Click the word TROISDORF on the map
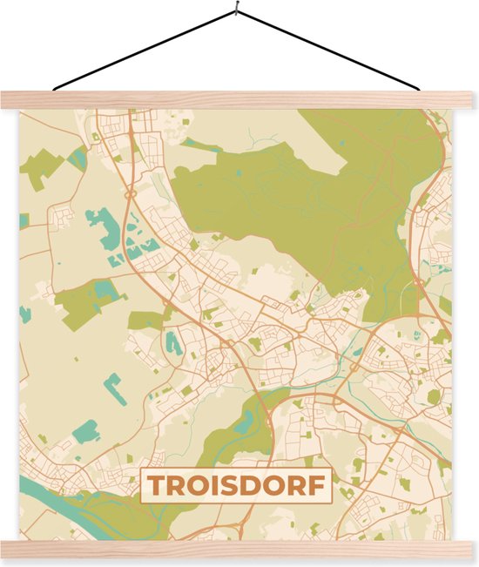click(237, 486)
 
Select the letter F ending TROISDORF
click(321, 486)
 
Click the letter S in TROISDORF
click(233, 486)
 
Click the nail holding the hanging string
click(235, 10)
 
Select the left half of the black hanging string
click(144, 50)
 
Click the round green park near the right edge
click(433, 397)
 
